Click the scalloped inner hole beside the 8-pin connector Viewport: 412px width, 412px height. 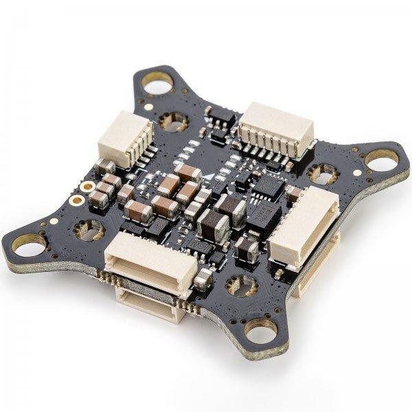pos(322,172)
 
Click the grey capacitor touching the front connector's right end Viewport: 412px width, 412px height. pos(203,277)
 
